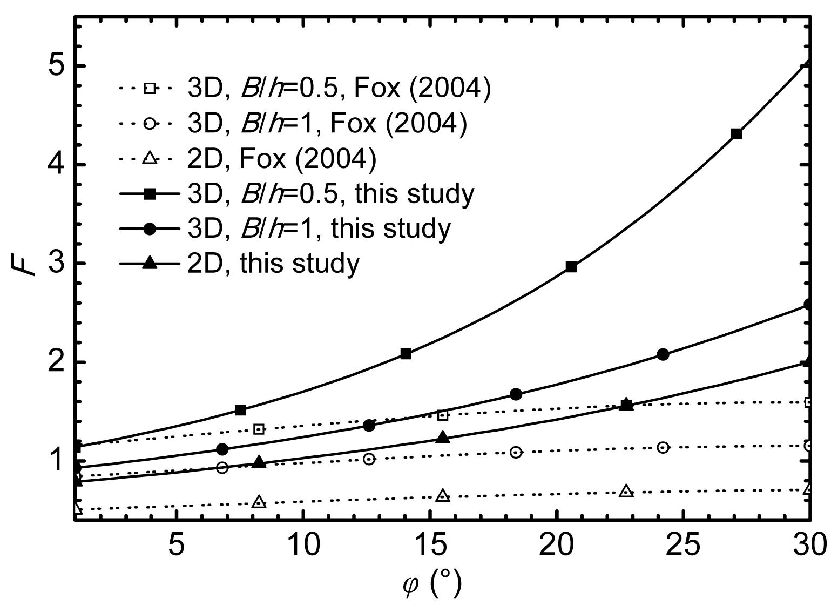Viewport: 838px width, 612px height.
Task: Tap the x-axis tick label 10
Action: tap(303, 544)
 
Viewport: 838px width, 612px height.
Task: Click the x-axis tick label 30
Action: tap(808, 544)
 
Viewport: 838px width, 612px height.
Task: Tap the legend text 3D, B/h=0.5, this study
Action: tap(330, 193)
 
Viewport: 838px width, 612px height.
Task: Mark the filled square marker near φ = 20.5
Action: tap(571, 267)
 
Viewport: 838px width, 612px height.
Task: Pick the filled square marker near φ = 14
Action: tap(406, 354)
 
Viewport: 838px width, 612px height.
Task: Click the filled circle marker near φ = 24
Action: tap(663, 354)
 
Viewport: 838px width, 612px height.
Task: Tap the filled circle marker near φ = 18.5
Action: tap(516, 394)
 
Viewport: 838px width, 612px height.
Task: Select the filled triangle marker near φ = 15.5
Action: tap(443, 438)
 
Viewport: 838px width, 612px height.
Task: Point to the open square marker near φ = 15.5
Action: tap(443, 415)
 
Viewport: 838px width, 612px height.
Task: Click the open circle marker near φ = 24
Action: tap(663, 447)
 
